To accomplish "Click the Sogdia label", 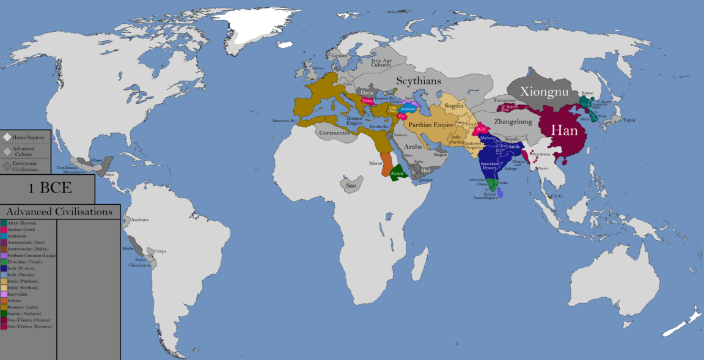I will click(x=454, y=105).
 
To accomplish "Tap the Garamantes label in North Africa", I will click(x=332, y=133).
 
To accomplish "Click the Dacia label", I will click(x=367, y=93).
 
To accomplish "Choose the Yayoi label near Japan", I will click(x=629, y=120).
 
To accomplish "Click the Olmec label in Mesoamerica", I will click(x=97, y=160).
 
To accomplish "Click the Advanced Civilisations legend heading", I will click(x=59, y=212).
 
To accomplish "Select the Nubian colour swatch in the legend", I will click(x=4, y=299).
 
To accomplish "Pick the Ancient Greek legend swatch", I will click(x=4, y=229).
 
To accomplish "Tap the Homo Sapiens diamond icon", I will click(x=7, y=137).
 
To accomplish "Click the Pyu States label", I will click(x=541, y=154).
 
